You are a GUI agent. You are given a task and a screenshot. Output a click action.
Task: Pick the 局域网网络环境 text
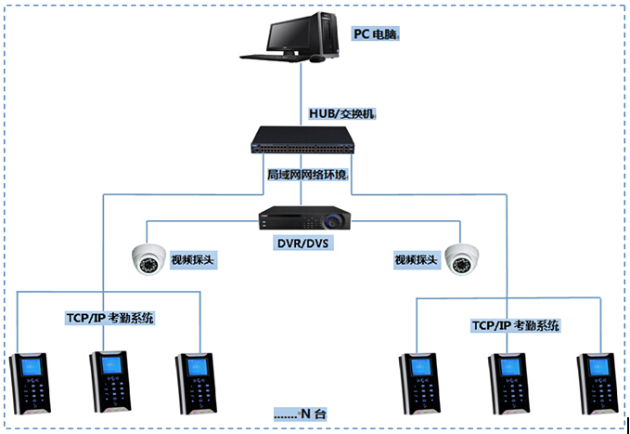306,175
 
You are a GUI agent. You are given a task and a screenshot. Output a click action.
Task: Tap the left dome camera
147,259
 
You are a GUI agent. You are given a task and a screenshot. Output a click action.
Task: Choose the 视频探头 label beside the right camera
415,260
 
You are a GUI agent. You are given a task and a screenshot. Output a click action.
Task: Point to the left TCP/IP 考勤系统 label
110,319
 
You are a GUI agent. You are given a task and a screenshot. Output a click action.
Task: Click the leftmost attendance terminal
32,382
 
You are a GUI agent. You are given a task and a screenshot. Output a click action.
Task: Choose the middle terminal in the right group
507,382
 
